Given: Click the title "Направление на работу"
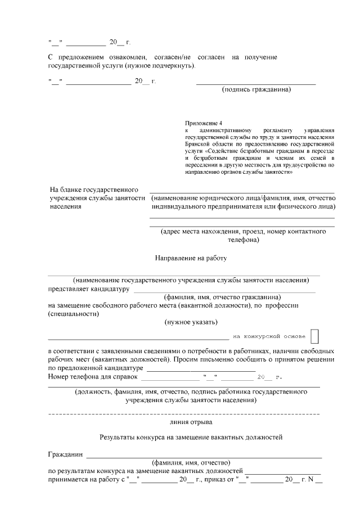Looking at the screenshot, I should pos(191,258).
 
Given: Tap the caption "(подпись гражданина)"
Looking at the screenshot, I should pos(256,89).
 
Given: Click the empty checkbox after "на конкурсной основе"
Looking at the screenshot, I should pos(314,336).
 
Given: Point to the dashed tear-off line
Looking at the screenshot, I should pos(184,413).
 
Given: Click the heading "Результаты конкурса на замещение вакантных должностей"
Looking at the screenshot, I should pos(191,436).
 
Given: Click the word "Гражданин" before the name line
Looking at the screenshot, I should pos(65,454).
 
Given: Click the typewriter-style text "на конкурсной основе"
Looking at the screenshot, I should pos(269,336).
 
